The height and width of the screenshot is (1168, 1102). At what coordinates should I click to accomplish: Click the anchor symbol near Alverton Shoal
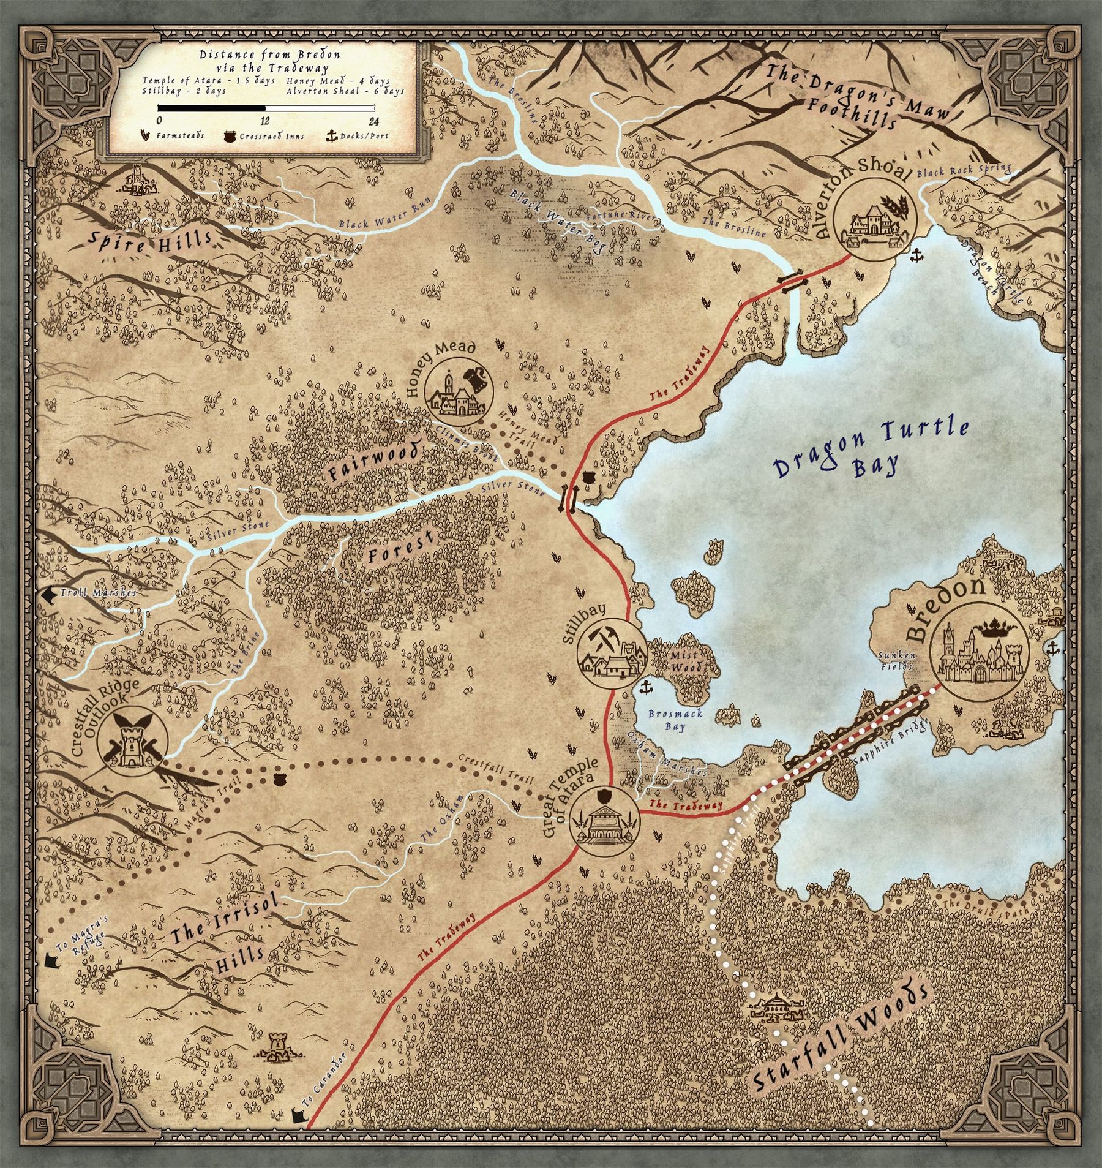[916, 255]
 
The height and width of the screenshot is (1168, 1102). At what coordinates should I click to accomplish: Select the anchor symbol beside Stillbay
[645, 688]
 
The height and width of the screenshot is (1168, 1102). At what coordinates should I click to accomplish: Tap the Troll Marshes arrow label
[92, 593]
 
